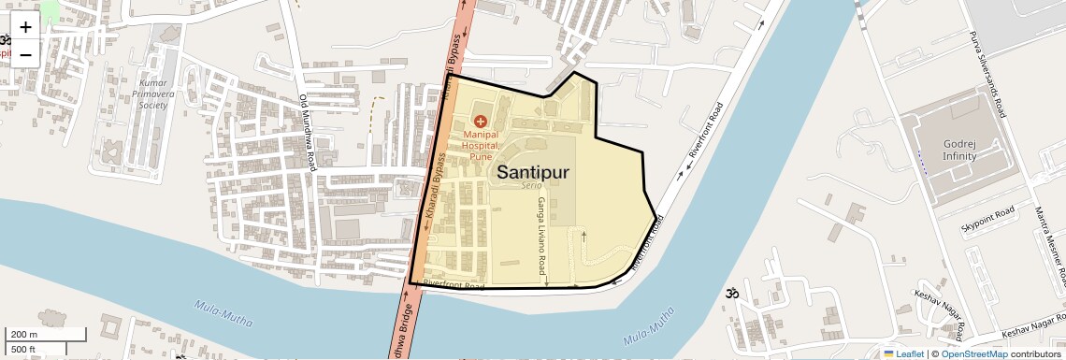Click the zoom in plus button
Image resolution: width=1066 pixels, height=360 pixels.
[x=25, y=27]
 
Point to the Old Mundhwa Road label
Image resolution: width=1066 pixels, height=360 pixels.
[x=308, y=130]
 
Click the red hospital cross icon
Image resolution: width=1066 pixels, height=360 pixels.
[x=481, y=122]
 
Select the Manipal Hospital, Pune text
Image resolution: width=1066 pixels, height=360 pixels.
[x=482, y=146]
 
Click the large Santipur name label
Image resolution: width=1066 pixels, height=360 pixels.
[x=532, y=172]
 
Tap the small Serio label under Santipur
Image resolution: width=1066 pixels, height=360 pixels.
[x=532, y=188]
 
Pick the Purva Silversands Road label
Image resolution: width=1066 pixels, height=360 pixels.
[x=987, y=75]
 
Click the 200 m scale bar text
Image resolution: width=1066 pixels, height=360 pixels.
[x=25, y=335]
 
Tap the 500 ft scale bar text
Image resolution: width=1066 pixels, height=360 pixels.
[x=23, y=350]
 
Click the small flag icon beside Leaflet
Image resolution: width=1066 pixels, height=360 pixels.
[x=888, y=353]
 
